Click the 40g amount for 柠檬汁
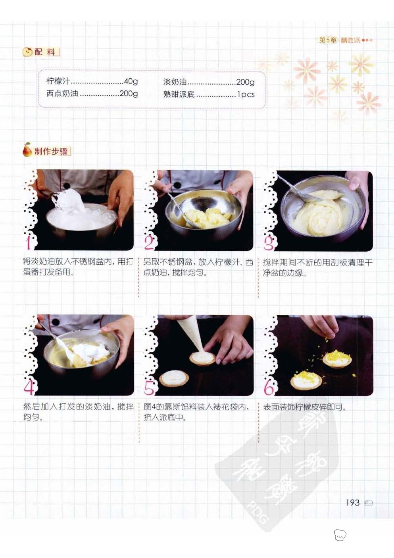tap(131, 81)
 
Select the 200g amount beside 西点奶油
tap(129, 93)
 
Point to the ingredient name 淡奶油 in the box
tap(175, 82)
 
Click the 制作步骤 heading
tap(51, 151)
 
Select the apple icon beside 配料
tap(28, 52)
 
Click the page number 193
tap(353, 502)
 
